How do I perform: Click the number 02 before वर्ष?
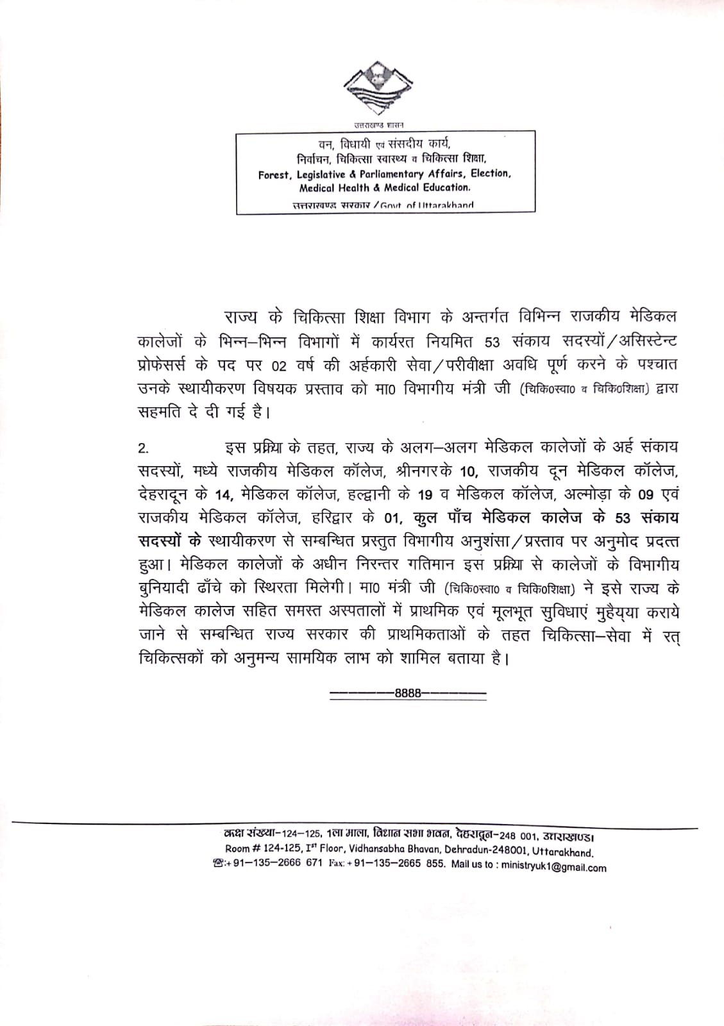click(x=279, y=367)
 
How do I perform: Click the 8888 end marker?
click(x=408, y=693)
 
